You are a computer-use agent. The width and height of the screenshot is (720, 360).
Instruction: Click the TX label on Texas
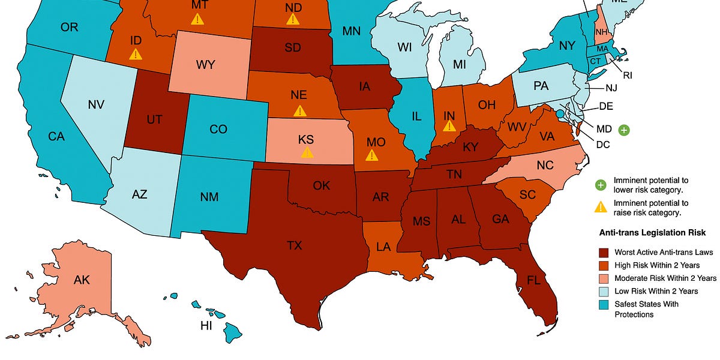click(295, 246)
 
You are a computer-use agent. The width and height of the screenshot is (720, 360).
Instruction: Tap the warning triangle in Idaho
click(136, 55)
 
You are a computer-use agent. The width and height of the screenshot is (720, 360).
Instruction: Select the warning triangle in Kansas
click(307, 152)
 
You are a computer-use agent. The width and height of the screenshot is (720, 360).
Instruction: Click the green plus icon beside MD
click(624, 129)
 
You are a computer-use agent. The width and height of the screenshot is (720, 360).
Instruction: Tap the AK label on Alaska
click(82, 280)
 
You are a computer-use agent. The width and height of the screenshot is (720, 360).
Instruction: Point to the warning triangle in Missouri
click(372, 155)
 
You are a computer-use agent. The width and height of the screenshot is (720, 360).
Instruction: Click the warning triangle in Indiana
click(448, 125)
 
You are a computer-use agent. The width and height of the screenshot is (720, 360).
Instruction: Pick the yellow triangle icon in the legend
click(599, 208)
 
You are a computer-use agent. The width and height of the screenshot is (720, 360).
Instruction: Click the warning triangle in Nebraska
click(298, 110)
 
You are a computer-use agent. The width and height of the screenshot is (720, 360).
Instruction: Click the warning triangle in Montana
click(196, 19)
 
